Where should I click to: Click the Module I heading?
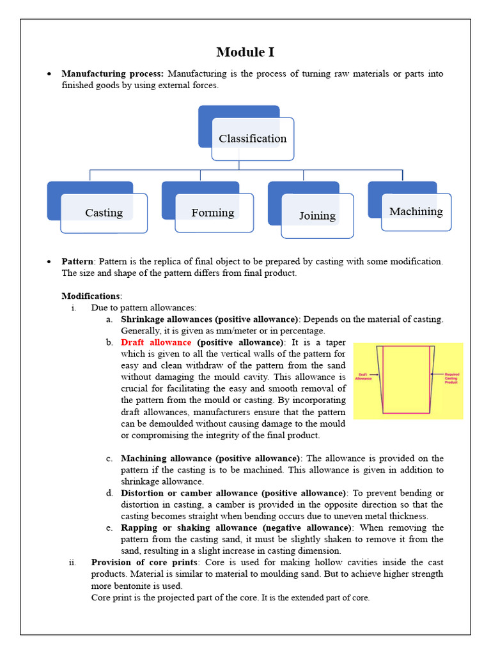tap(245, 52)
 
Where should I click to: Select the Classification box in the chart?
tap(253, 139)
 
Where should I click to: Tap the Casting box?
tap(104, 213)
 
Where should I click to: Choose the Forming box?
tap(213, 213)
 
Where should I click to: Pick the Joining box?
tap(317, 216)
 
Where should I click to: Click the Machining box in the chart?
tap(416, 211)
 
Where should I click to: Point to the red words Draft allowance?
tap(156, 342)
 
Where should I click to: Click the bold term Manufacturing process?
tap(113, 74)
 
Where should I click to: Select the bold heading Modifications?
tap(91, 296)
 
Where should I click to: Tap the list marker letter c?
tap(109, 459)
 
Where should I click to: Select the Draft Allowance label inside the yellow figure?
tap(365, 377)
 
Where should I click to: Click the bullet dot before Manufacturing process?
tap(49, 74)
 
